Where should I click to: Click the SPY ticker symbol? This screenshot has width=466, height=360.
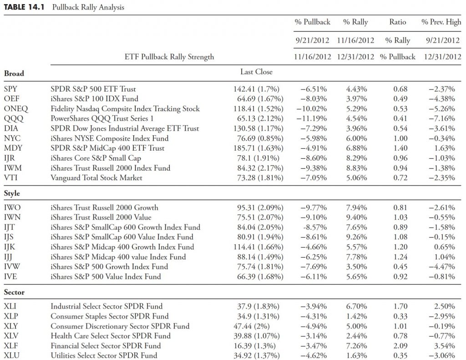click(11, 89)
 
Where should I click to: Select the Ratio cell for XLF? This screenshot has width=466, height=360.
click(400, 346)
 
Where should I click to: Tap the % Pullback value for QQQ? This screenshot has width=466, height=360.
click(311, 118)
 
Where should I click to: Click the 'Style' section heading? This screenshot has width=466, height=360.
click(12, 193)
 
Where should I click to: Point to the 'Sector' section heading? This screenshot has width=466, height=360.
click(14, 292)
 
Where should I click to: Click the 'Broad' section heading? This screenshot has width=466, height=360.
click(14, 73)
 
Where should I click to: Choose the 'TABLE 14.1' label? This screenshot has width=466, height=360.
click(24, 7)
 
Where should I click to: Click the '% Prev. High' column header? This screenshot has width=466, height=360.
click(441, 22)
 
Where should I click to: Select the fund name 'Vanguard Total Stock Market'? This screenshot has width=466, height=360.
click(96, 178)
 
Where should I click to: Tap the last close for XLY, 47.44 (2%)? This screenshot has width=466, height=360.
click(251, 326)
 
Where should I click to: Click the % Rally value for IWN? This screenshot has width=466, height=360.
click(356, 217)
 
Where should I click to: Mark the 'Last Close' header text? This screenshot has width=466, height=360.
click(256, 72)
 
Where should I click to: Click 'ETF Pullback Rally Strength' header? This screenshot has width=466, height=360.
click(169, 57)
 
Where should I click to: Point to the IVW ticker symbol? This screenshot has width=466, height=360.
click(12, 267)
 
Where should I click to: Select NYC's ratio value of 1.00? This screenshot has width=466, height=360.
click(400, 138)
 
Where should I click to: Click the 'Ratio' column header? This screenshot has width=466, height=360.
click(398, 22)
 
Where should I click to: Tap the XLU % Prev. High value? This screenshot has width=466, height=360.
click(441, 355)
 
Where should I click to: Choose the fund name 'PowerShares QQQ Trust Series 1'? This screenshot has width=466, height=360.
click(102, 118)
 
